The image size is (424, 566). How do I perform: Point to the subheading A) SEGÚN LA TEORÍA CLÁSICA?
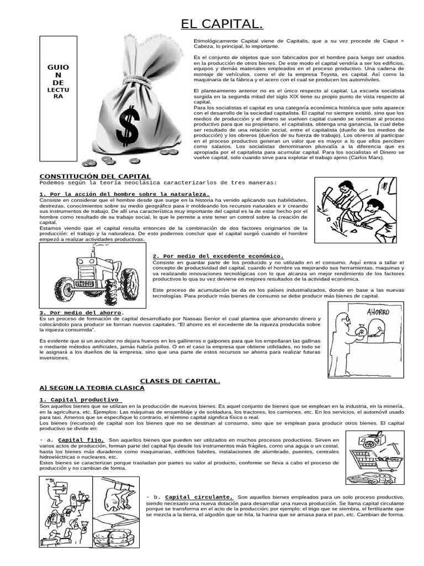click(x=92, y=388)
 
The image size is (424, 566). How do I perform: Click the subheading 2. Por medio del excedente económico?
click(x=218, y=256)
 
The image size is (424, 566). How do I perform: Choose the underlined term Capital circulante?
click(x=199, y=496)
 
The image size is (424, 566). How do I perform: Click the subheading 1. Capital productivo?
click(x=79, y=399)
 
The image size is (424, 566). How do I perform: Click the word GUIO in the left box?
click(x=58, y=67)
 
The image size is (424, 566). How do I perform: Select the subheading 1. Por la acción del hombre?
click(x=124, y=194)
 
